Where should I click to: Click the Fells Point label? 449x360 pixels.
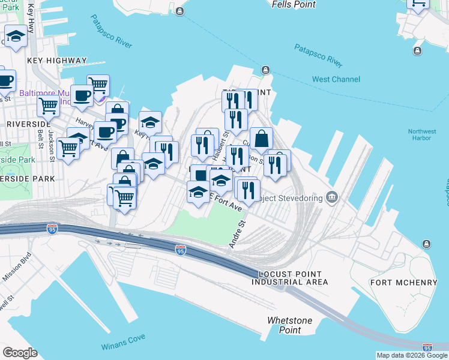293,4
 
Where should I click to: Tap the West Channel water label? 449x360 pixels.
336,79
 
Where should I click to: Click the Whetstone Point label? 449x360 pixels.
290,325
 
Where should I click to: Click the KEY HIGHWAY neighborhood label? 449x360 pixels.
57,61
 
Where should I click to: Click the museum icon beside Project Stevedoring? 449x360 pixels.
333,197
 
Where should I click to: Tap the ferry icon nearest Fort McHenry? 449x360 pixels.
426,244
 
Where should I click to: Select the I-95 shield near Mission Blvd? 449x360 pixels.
52,229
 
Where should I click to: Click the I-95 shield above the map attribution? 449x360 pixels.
427,347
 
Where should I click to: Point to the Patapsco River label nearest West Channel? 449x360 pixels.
318,56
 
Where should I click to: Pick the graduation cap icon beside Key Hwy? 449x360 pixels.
150,122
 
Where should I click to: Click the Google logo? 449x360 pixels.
20,353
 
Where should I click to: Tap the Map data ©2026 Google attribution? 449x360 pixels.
412,355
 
